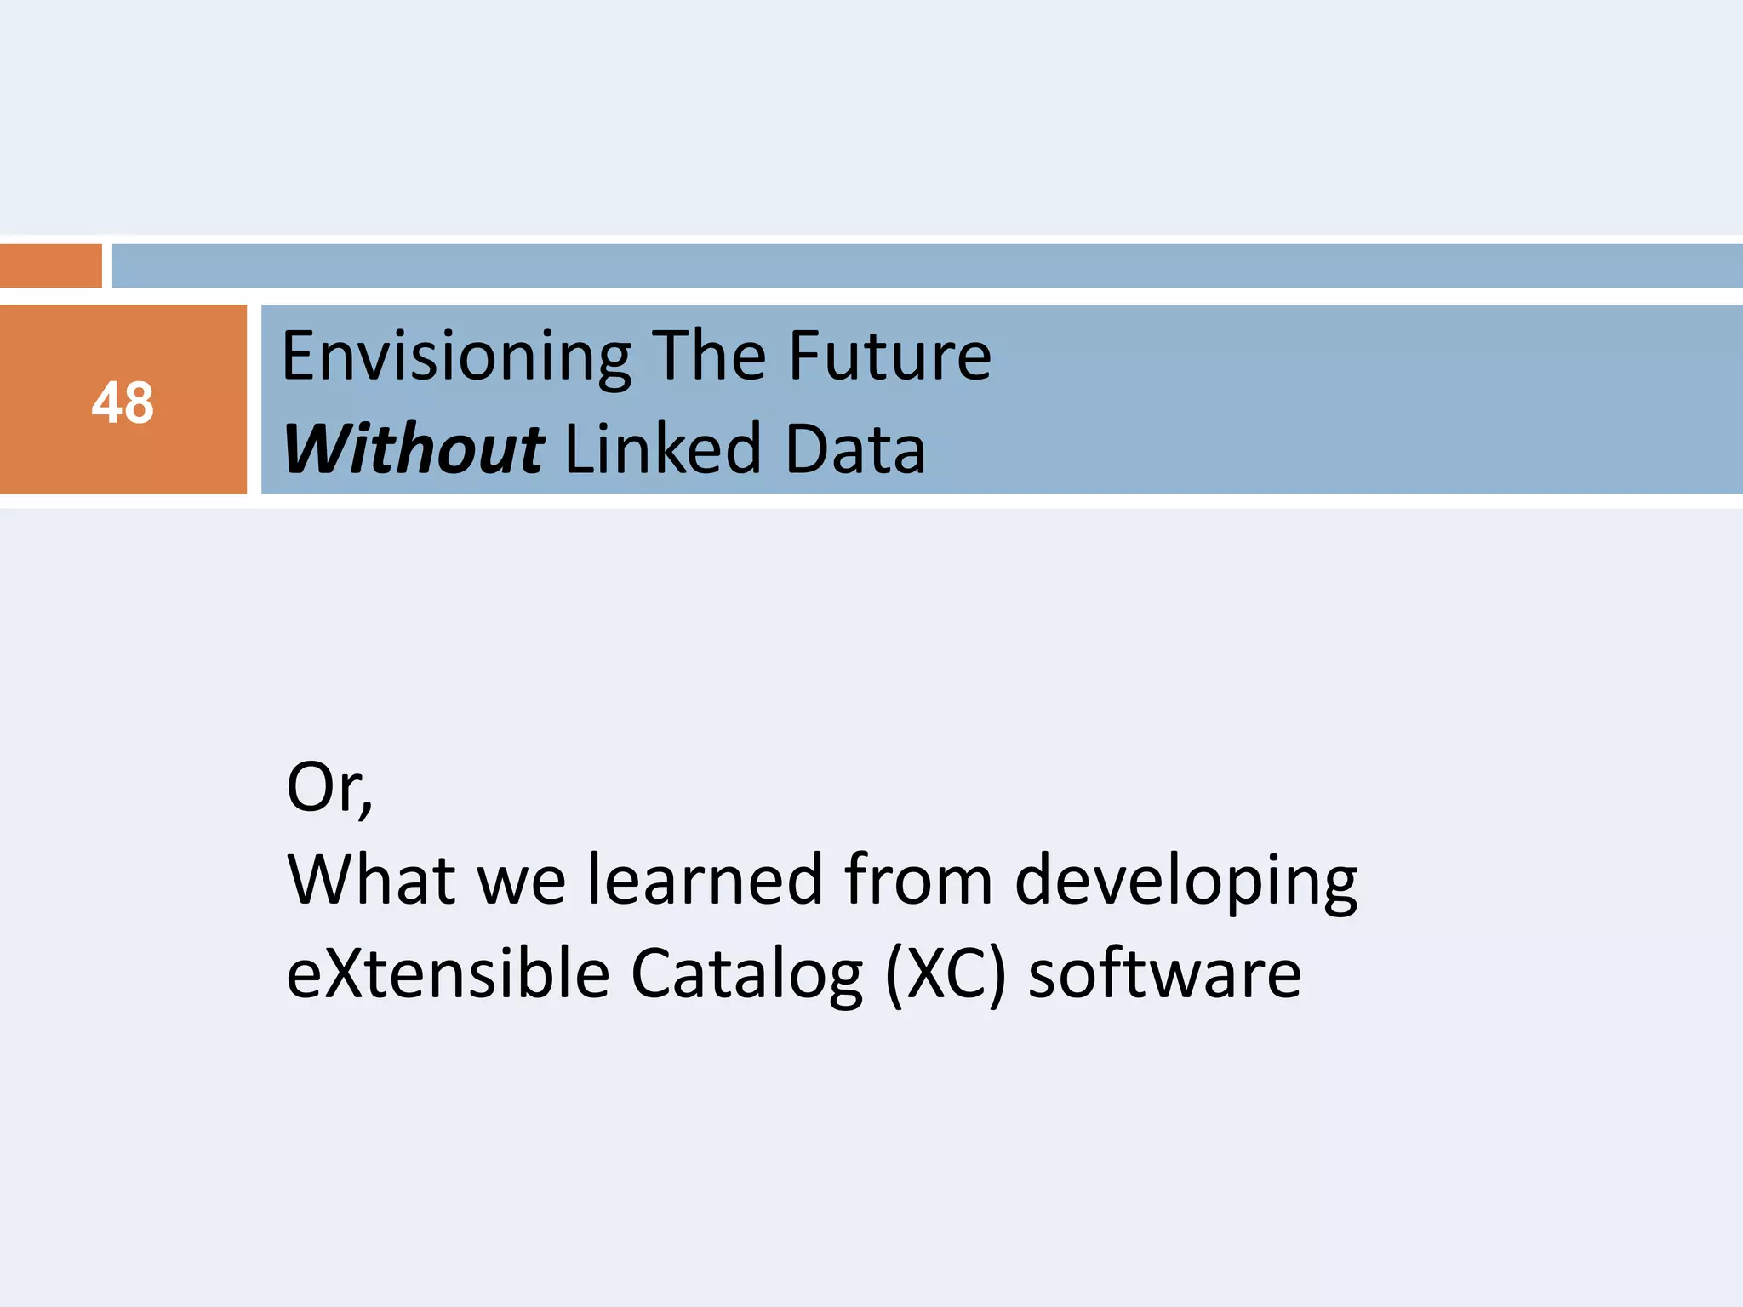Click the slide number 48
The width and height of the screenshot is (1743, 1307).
click(x=123, y=402)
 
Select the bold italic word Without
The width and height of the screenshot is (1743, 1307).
click(x=413, y=449)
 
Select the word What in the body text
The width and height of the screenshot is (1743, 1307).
click(x=372, y=880)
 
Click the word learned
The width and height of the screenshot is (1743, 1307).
click(x=706, y=880)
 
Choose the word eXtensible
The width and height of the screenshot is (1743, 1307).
click(x=448, y=973)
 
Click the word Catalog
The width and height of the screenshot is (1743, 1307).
click(x=746, y=975)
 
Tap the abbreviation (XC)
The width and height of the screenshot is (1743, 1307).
click(x=946, y=975)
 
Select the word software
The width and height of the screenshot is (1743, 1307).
click(x=1164, y=973)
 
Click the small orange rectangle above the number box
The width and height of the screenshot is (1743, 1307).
click(x=50, y=265)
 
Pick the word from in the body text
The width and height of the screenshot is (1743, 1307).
click(x=918, y=880)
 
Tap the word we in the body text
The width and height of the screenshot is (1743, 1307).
click(x=522, y=882)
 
